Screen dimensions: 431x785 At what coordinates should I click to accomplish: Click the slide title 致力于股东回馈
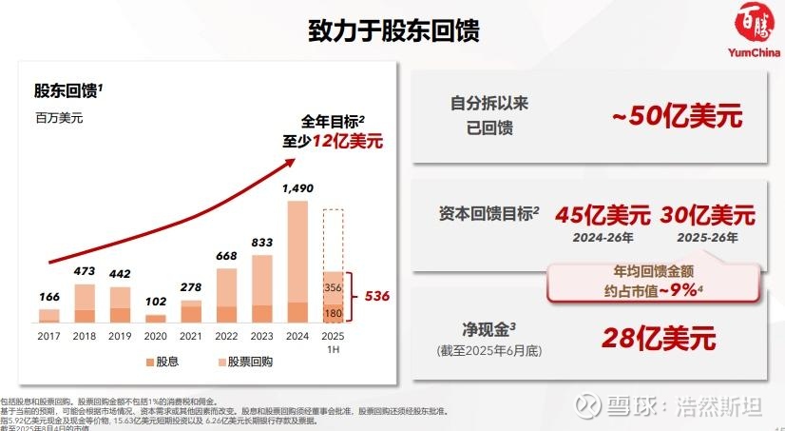click(392, 30)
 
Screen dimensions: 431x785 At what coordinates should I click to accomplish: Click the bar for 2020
click(155, 318)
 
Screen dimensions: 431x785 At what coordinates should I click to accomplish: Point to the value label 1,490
click(297, 188)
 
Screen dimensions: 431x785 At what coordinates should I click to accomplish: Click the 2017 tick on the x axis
click(48, 335)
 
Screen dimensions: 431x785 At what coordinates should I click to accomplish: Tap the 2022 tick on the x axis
click(226, 335)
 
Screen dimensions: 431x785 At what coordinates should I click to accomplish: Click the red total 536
click(377, 295)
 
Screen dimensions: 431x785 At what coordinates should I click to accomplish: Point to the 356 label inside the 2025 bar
click(333, 286)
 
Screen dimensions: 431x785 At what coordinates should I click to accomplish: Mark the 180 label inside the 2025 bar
click(333, 311)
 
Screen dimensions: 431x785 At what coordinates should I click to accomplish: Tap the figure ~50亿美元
click(676, 117)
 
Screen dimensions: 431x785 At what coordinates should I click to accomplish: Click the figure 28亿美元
click(657, 338)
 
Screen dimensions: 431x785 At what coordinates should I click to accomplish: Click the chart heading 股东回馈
click(67, 91)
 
